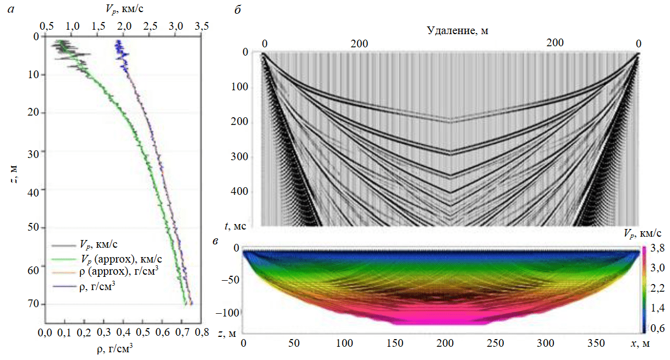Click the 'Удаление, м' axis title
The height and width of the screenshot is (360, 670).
click(x=458, y=31)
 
